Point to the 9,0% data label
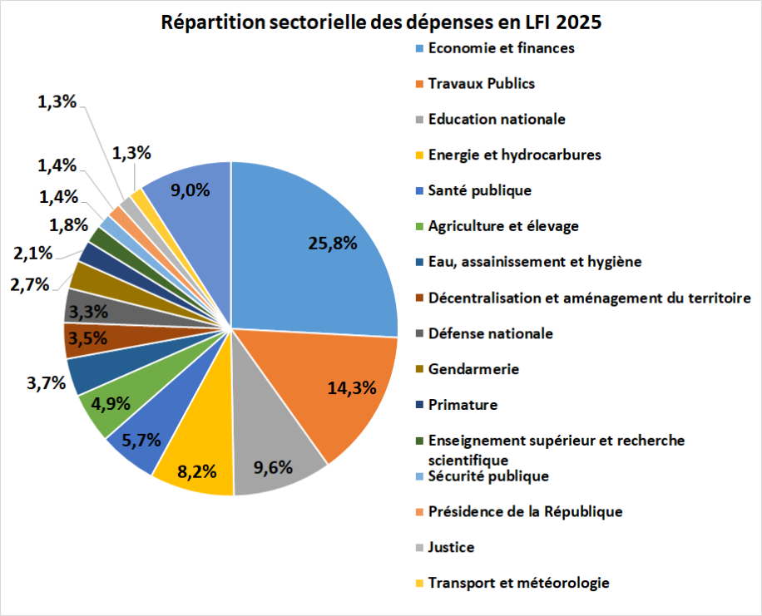point(190,190)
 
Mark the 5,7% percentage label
point(140,441)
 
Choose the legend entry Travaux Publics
point(481,83)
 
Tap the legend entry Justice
point(451,548)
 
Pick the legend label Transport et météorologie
point(518,583)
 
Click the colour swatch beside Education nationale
point(420,120)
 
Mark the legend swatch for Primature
point(420,406)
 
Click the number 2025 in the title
point(573,22)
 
